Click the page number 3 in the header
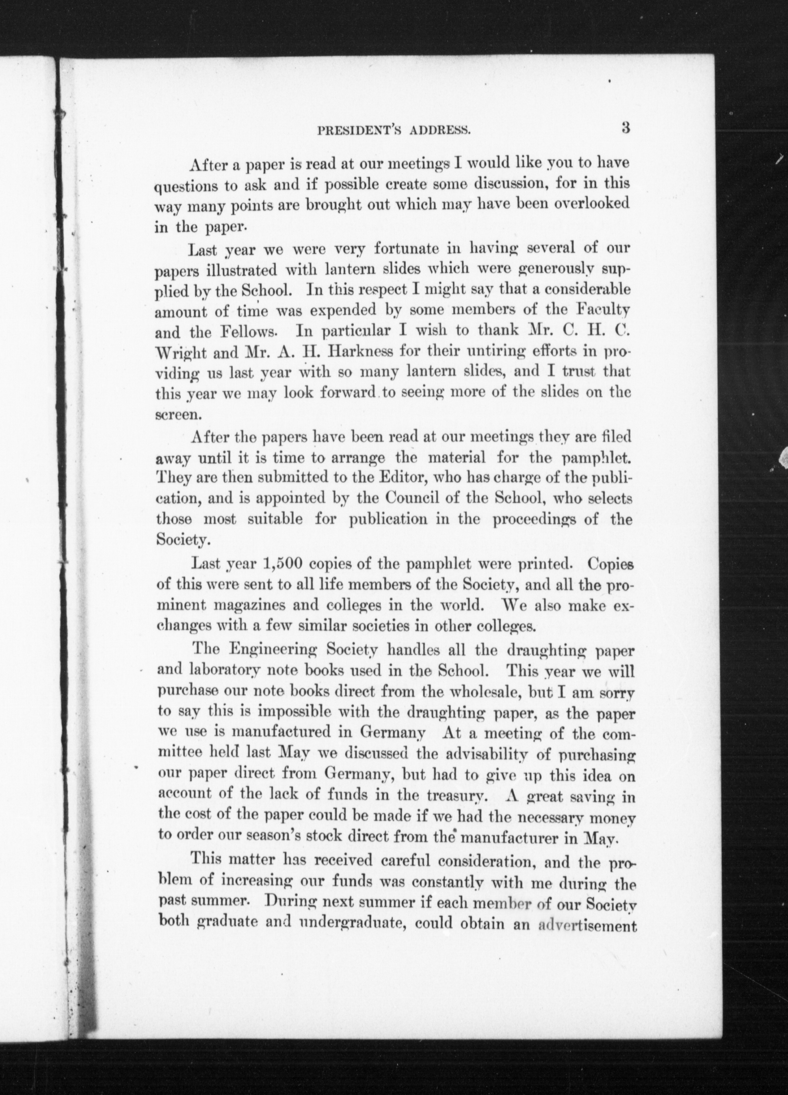coord(626,129)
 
